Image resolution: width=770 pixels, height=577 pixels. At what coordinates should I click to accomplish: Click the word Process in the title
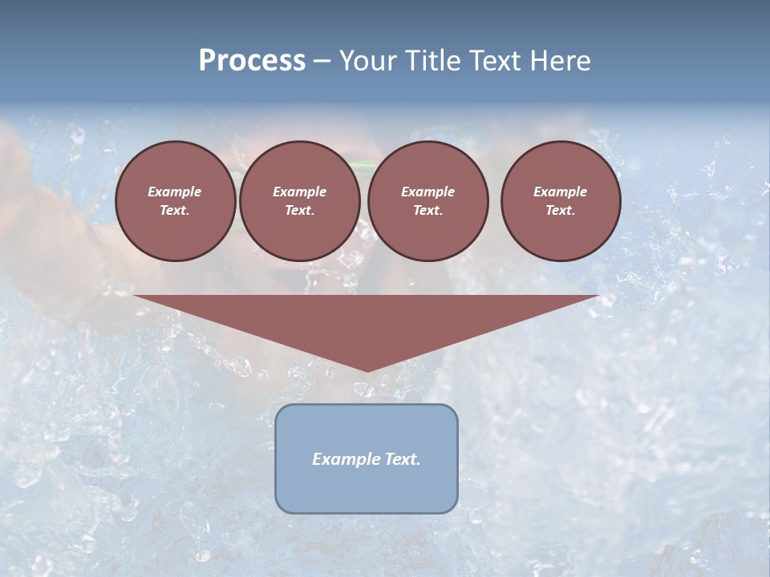click(x=252, y=60)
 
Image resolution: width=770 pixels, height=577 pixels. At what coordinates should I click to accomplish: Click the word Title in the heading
click(x=432, y=60)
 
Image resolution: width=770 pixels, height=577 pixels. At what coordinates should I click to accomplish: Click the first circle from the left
click(x=176, y=201)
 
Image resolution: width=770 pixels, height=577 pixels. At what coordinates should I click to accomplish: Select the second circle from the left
click(x=299, y=201)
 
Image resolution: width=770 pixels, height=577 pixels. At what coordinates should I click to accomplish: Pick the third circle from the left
click(x=428, y=201)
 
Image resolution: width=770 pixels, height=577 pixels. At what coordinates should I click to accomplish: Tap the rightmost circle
click(x=561, y=201)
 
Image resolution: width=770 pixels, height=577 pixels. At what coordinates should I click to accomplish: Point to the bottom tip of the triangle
click(x=367, y=372)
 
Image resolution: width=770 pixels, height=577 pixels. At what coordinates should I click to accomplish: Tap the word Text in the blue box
click(x=402, y=459)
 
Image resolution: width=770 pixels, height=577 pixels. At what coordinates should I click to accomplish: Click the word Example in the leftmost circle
click(x=175, y=192)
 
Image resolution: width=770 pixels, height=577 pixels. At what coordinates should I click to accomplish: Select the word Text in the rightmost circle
click(x=560, y=211)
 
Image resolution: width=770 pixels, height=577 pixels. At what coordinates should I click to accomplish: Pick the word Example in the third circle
click(x=428, y=192)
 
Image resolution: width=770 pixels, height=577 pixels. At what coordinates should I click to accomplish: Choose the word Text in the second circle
click(x=299, y=211)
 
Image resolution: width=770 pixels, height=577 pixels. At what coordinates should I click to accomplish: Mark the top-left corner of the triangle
click(x=134, y=296)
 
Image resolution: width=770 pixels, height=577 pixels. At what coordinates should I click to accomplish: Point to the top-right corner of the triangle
click(x=599, y=296)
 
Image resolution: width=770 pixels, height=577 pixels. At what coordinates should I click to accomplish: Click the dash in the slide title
click(x=322, y=61)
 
